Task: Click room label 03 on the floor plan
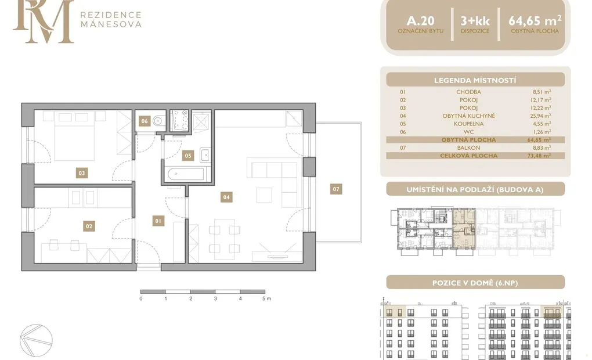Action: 82,173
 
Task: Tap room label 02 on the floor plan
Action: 89,226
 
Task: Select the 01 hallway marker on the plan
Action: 158,221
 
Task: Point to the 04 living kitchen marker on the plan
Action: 226,197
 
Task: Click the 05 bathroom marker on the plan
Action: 188,155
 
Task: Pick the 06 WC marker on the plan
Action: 145,121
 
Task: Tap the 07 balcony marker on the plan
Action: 336,189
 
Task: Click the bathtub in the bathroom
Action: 186,175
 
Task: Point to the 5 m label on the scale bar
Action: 266,298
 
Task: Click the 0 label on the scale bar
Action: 141,298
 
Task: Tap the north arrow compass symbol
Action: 36,340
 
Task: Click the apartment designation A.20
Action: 421,21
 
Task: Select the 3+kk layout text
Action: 475,21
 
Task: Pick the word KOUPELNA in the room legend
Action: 468,124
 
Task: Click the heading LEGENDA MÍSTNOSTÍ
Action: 475,81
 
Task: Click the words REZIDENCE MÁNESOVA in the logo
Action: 111,20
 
